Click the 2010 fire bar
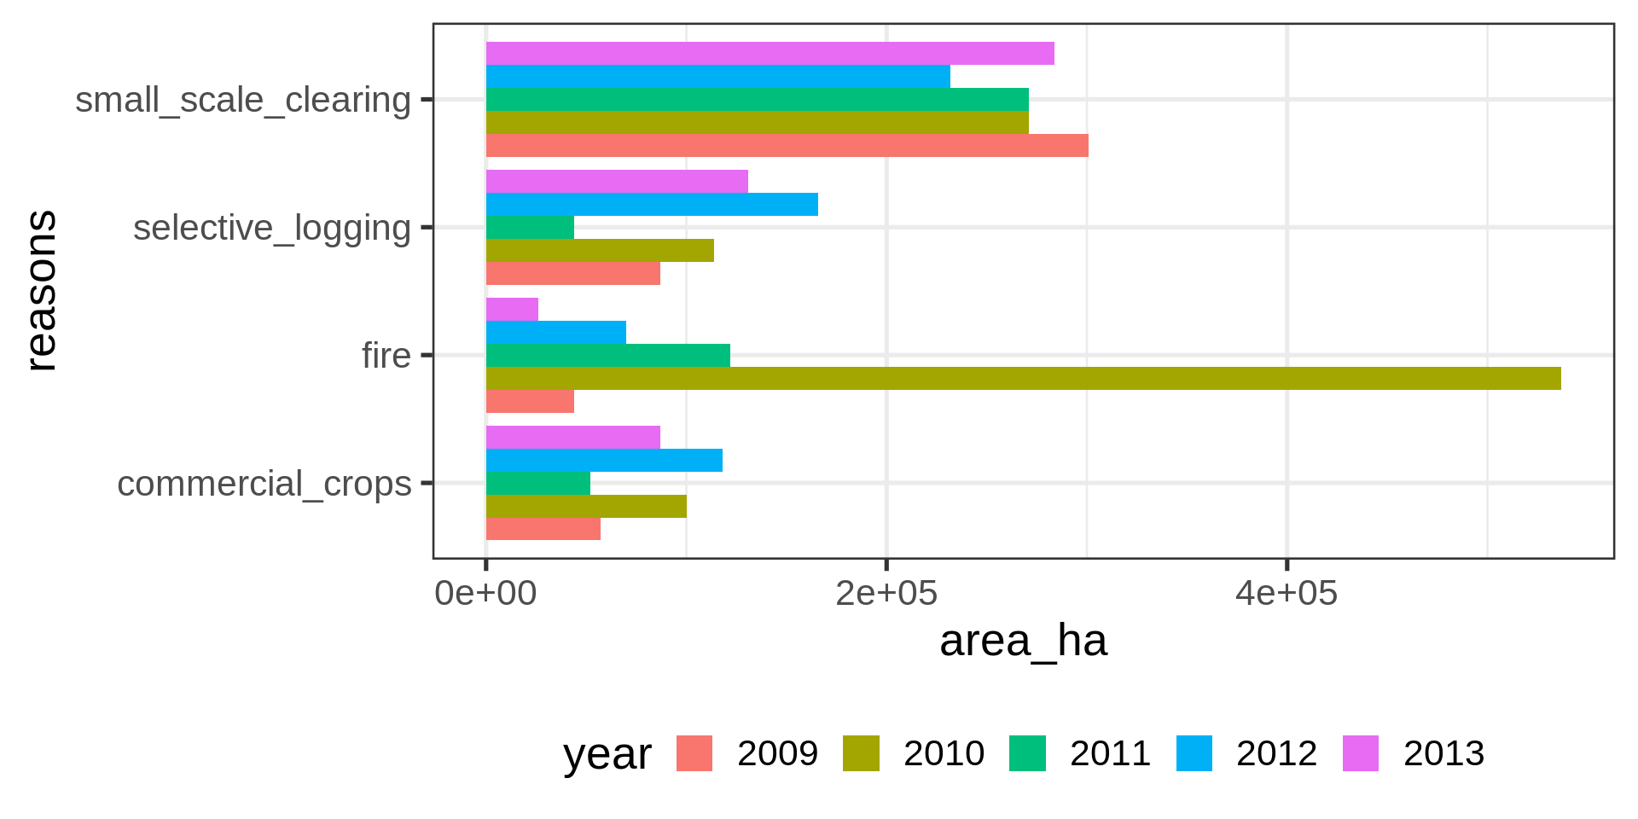click(x=1023, y=379)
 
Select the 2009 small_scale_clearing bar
click(x=787, y=146)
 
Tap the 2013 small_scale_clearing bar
click(x=770, y=54)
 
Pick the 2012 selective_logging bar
click(x=652, y=205)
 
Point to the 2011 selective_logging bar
click(x=530, y=228)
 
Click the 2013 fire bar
click(x=512, y=310)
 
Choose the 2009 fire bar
click(x=530, y=402)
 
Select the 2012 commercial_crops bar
click(x=604, y=461)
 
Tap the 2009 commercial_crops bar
click(x=543, y=529)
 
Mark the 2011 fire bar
click(x=607, y=356)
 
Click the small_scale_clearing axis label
click(x=243, y=100)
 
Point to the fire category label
click(x=386, y=356)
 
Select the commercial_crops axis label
click(x=264, y=484)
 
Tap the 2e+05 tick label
click(x=886, y=593)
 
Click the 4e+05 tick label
click(x=1286, y=593)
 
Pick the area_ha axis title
click(x=1023, y=641)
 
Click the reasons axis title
click(x=41, y=291)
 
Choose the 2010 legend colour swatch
click(x=861, y=753)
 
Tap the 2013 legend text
click(x=1443, y=753)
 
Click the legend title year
click(x=607, y=754)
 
